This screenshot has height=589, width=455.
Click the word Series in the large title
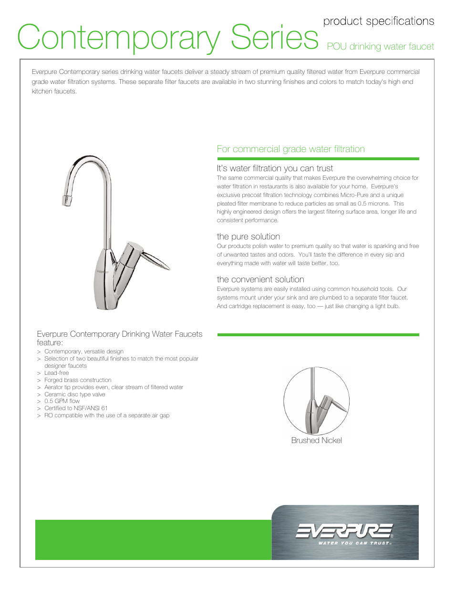pos(274,37)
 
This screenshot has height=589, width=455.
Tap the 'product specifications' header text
pos(378,21)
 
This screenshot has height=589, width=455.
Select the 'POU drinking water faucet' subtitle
pos(380,46)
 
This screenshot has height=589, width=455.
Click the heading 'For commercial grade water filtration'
pos(290,149)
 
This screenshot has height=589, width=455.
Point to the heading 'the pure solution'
pos(248,237)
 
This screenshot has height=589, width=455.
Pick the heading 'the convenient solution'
pos(260,279)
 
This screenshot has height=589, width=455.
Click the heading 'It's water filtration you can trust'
pos(275,168)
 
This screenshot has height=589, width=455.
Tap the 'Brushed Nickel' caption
pos(316,441)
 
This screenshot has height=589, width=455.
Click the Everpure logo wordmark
pos(344,530)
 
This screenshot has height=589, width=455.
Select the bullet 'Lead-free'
pos(56,373)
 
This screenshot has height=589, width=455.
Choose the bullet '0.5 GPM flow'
pos(62,401)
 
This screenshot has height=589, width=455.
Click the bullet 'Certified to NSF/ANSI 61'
pos(76,408)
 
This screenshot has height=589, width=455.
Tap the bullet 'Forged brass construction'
pos(78,380)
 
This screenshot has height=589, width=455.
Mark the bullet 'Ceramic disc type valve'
pos(74,394)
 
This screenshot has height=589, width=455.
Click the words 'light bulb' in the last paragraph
pos(387,306)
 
